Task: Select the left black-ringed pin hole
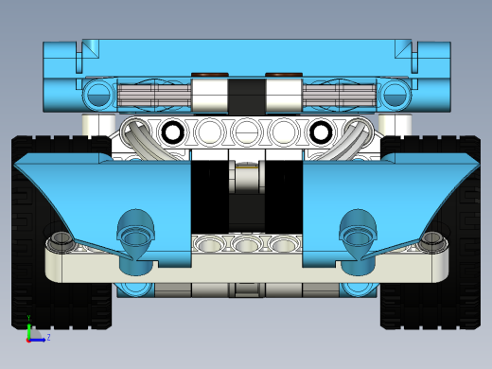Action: tap(172, 132)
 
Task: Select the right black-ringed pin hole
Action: tap(321, 132)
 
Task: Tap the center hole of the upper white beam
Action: tap(246, 132)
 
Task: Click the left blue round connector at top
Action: tap(97, 94)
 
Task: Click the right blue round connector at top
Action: tap(395, 94)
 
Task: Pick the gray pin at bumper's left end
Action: tap(62, 240)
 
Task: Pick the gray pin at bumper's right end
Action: tap(431, 240)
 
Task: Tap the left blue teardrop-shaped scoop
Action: tap(136, 233)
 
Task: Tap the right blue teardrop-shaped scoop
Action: tap(358, 233)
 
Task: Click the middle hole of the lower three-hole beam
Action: tap(247, 245)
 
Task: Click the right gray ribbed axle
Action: tap(340, 95)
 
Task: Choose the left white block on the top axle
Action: tap(211, 95)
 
